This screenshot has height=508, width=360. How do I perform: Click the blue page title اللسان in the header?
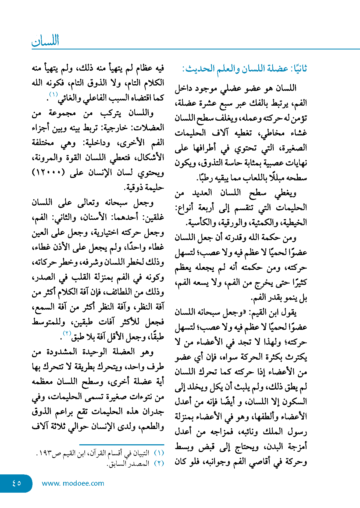[45, 41]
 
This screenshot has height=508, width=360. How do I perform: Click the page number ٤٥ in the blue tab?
[17, 483]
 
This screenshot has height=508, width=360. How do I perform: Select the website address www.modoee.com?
[73, 483]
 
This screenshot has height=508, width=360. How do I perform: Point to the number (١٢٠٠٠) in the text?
[48, 172]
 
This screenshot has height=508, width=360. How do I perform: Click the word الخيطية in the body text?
[296, 223]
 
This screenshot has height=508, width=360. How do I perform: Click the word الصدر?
[42, 277]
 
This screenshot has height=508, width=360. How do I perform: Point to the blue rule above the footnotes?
[122, 445]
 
